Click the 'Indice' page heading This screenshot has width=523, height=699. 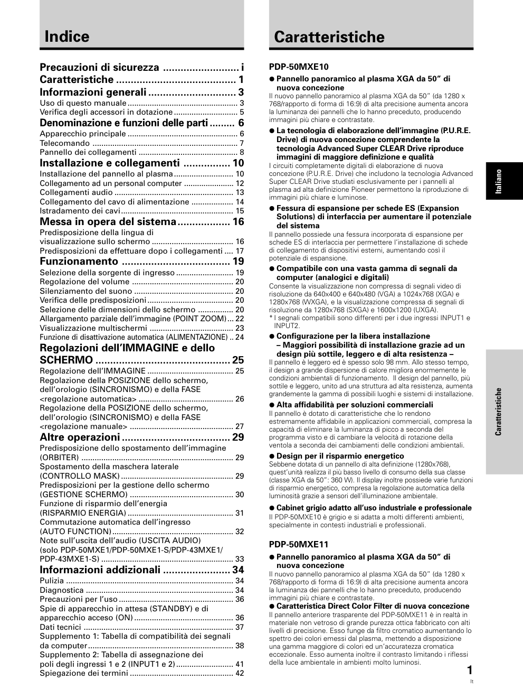coord(67,36)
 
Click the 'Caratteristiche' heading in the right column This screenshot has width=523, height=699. coord(329,37)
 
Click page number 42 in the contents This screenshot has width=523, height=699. coord(240,673)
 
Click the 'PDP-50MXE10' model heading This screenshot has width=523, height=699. coord(299,67)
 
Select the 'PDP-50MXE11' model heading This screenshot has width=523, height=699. coord(299,544)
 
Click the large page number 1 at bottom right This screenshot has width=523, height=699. coord(470,670)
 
